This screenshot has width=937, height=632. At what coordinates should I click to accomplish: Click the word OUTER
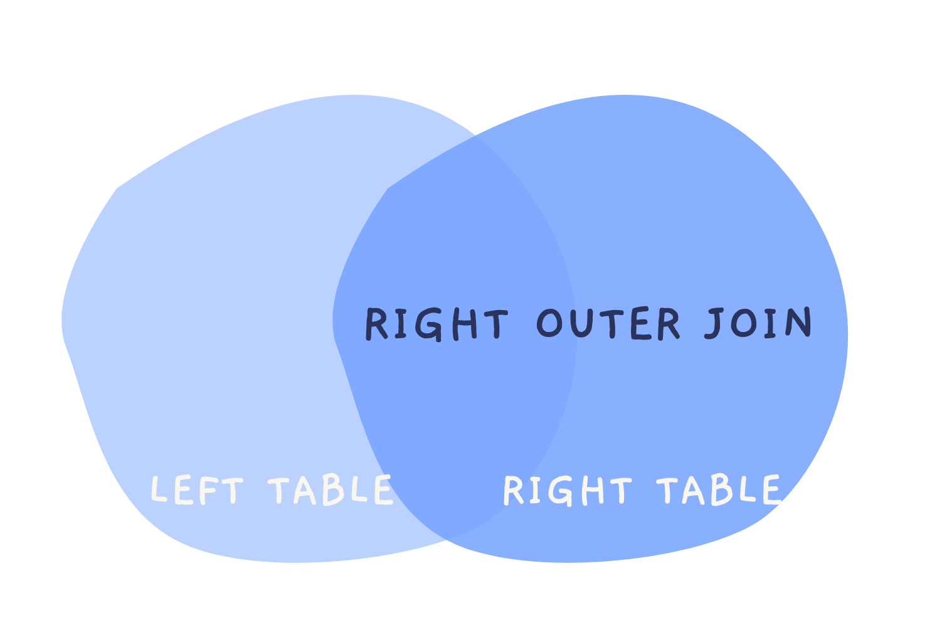(608, 324)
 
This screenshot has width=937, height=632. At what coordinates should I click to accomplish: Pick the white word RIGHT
(567, 490)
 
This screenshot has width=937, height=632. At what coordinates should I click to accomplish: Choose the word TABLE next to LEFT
(331, 490)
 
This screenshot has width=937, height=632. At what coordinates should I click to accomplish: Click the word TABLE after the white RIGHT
(718, 490)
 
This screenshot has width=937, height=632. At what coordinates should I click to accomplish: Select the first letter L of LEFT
(159, 490)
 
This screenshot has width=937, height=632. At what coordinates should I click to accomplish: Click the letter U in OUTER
(580, 324)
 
